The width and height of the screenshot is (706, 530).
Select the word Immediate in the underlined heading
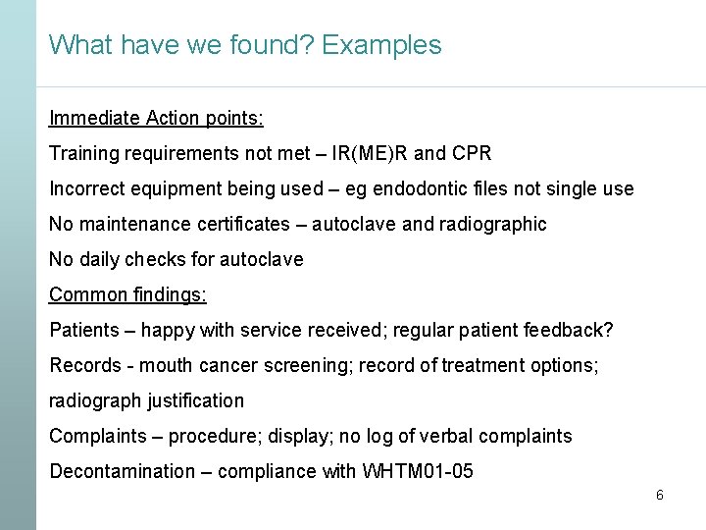click(x=94, y=118)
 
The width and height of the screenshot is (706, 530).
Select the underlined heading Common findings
click(x=127, y=294)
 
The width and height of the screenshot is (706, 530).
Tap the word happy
click(x=168, y=330)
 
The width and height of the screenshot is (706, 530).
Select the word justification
click(x=195, y=400)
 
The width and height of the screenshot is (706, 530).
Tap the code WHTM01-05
click(x=418, y=471)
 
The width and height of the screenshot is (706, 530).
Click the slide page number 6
click(x=659, y=496)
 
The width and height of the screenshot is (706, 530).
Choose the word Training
click(x=83, y=153)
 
